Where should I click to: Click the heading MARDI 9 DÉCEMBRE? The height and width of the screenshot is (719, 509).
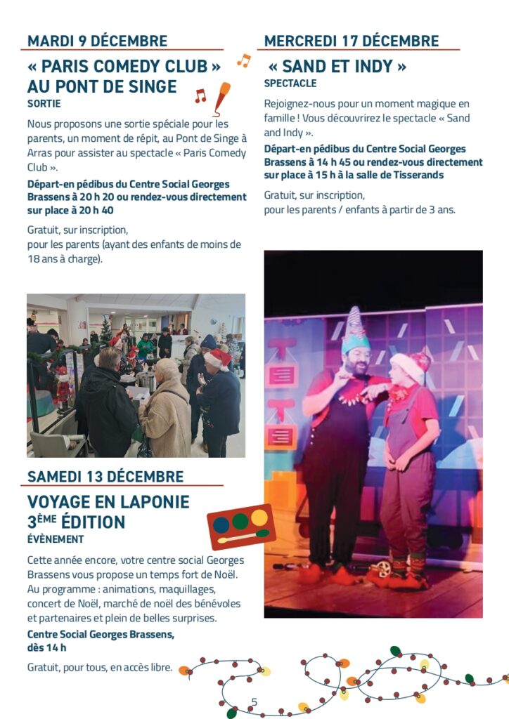[x=97, y=41]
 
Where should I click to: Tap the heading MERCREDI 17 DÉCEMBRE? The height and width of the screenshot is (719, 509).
[x=352, y=41]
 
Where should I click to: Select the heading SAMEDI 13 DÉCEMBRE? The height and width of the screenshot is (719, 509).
[x=105, y=477]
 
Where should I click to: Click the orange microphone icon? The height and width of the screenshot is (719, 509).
[x=221, y=97]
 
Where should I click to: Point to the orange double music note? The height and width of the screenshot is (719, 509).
[x=243, y=60]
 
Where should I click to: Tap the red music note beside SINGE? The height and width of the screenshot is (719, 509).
[x=200, y=95]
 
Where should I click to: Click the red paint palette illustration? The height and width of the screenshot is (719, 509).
[x=241, y=526]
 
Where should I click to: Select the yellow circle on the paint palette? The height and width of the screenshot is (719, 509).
[x=259, y=517]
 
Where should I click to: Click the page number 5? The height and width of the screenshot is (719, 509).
[x=254, y=701]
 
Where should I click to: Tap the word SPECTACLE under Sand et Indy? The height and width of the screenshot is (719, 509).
[x=290, y=84]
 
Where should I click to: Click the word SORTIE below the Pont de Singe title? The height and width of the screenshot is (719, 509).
[x=44, y=104]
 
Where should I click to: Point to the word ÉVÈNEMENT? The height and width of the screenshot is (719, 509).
[x=56, y=539]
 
